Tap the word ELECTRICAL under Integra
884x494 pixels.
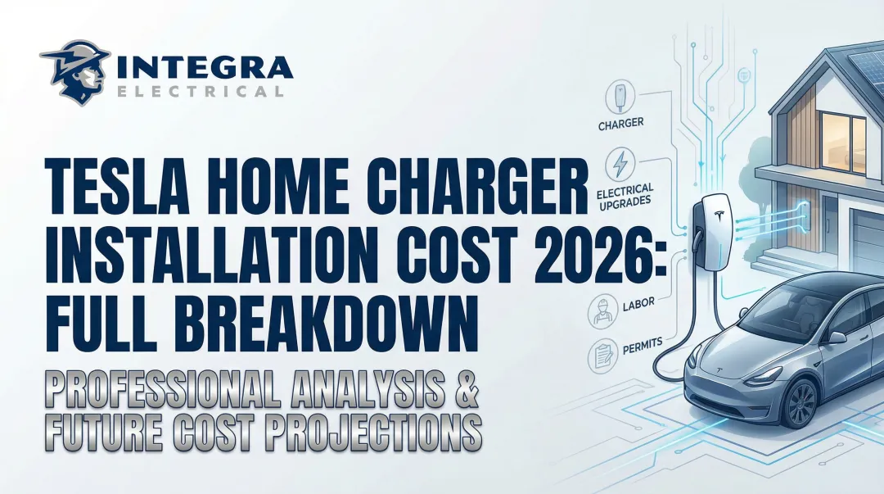(x=201, y=92)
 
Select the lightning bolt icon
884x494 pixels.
(x=620, y=161)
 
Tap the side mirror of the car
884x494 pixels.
(x=837, y=337)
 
